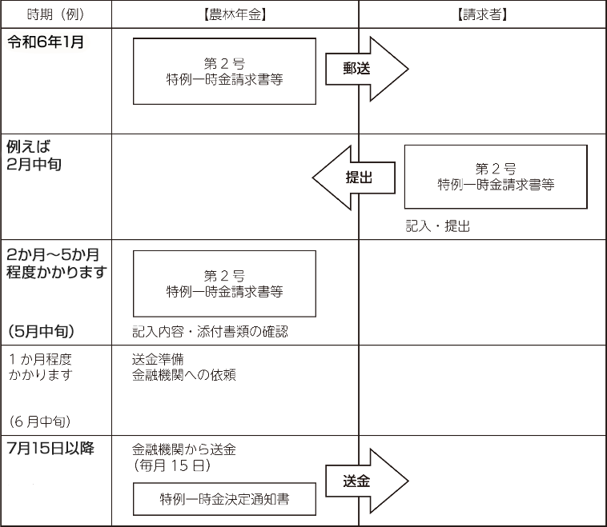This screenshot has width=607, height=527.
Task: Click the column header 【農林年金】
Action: (x=235, y=14)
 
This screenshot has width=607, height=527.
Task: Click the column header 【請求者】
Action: (x=482, y=14)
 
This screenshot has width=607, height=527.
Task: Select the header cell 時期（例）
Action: (x=56, y=14)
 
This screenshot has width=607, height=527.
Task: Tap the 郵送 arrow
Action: (x=367, y=69)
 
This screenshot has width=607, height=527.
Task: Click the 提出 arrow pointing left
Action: (x=353, y=178)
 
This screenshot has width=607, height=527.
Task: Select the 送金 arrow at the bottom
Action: (x=367, y=481)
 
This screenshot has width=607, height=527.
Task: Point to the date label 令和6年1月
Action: (x=46, y=42)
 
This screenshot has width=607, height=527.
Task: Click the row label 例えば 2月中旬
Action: (x=34, y=155)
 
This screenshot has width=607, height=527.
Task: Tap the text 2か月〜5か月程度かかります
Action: (x=57, y=263)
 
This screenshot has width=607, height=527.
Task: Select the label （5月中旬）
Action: (x=41, y=331)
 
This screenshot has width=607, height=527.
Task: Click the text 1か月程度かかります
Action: (x=40, y=367)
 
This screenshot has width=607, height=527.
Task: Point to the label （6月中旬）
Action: (x=40, y=421)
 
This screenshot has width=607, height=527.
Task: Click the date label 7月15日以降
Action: (x=50, y=448)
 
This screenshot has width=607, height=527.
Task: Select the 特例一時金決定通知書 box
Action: (x=224, y=499)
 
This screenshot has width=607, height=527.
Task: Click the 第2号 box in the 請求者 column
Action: (x=496, y=177)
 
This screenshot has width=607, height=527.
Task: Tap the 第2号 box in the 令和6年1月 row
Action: (x=224, y=71)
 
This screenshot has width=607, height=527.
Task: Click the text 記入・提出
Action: (x=438, y=226)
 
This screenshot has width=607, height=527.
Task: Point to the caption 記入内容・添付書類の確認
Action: (x=210, y=331)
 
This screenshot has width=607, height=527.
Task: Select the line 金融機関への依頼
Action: (x=184, y=375)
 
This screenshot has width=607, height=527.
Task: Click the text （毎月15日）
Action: (x=172, y=465)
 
